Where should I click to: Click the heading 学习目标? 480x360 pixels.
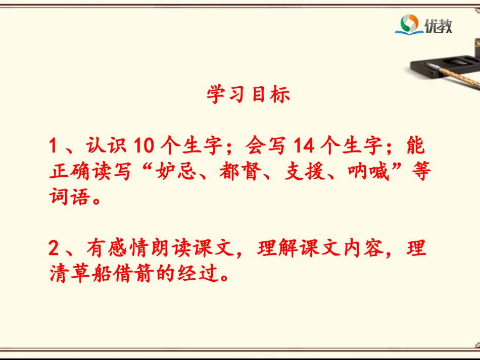pos(248,94)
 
